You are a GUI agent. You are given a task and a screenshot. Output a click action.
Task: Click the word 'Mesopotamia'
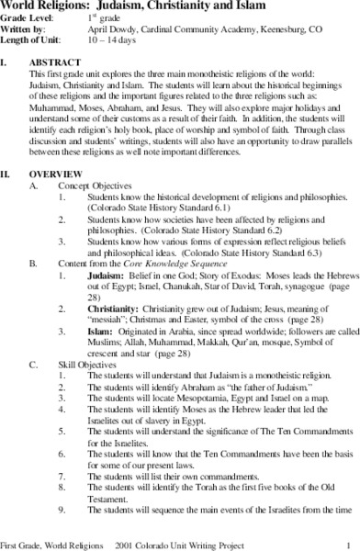198,404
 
